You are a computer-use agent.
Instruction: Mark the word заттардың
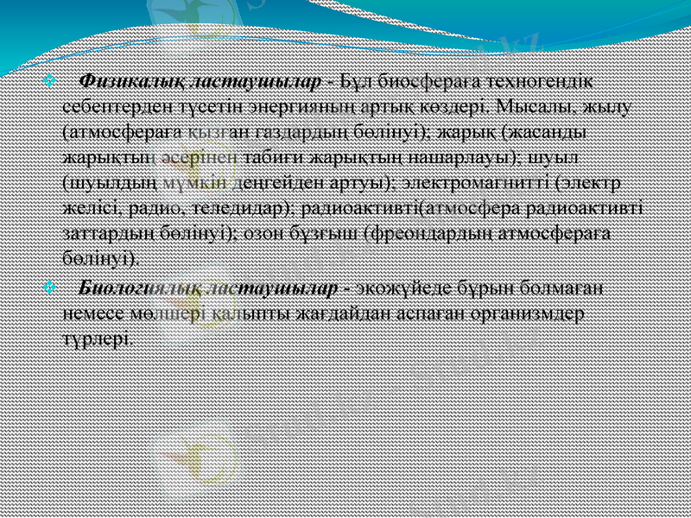[x=109, y=234]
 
